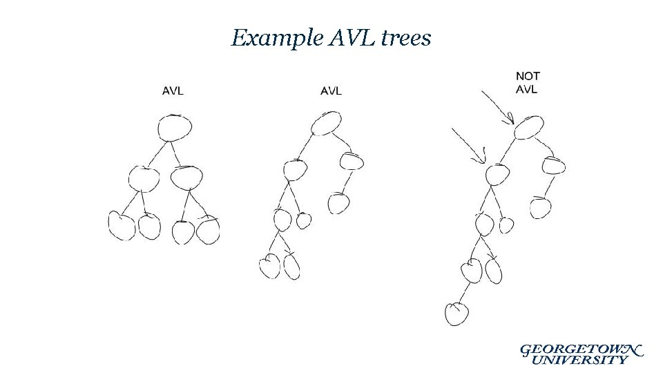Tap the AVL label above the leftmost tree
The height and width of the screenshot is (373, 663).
click(173, 90)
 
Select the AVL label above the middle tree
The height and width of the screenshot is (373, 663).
click(331, 90)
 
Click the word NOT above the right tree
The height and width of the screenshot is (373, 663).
click(528, 76)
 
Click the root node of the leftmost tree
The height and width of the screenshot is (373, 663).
click(174, 128)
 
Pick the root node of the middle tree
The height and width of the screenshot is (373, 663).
click(326, 124)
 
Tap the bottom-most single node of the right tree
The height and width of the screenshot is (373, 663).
click(457, 313)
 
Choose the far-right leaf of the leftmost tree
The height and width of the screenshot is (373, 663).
click(207, 231)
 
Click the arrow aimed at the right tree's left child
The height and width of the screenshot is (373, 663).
click(468, 146)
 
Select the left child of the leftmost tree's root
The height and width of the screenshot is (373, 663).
click(144, 179)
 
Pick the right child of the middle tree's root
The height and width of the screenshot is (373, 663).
click(352, 162)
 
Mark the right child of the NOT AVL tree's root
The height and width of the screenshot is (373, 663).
click(553, 166)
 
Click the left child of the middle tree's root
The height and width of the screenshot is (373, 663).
click(295, 169)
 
